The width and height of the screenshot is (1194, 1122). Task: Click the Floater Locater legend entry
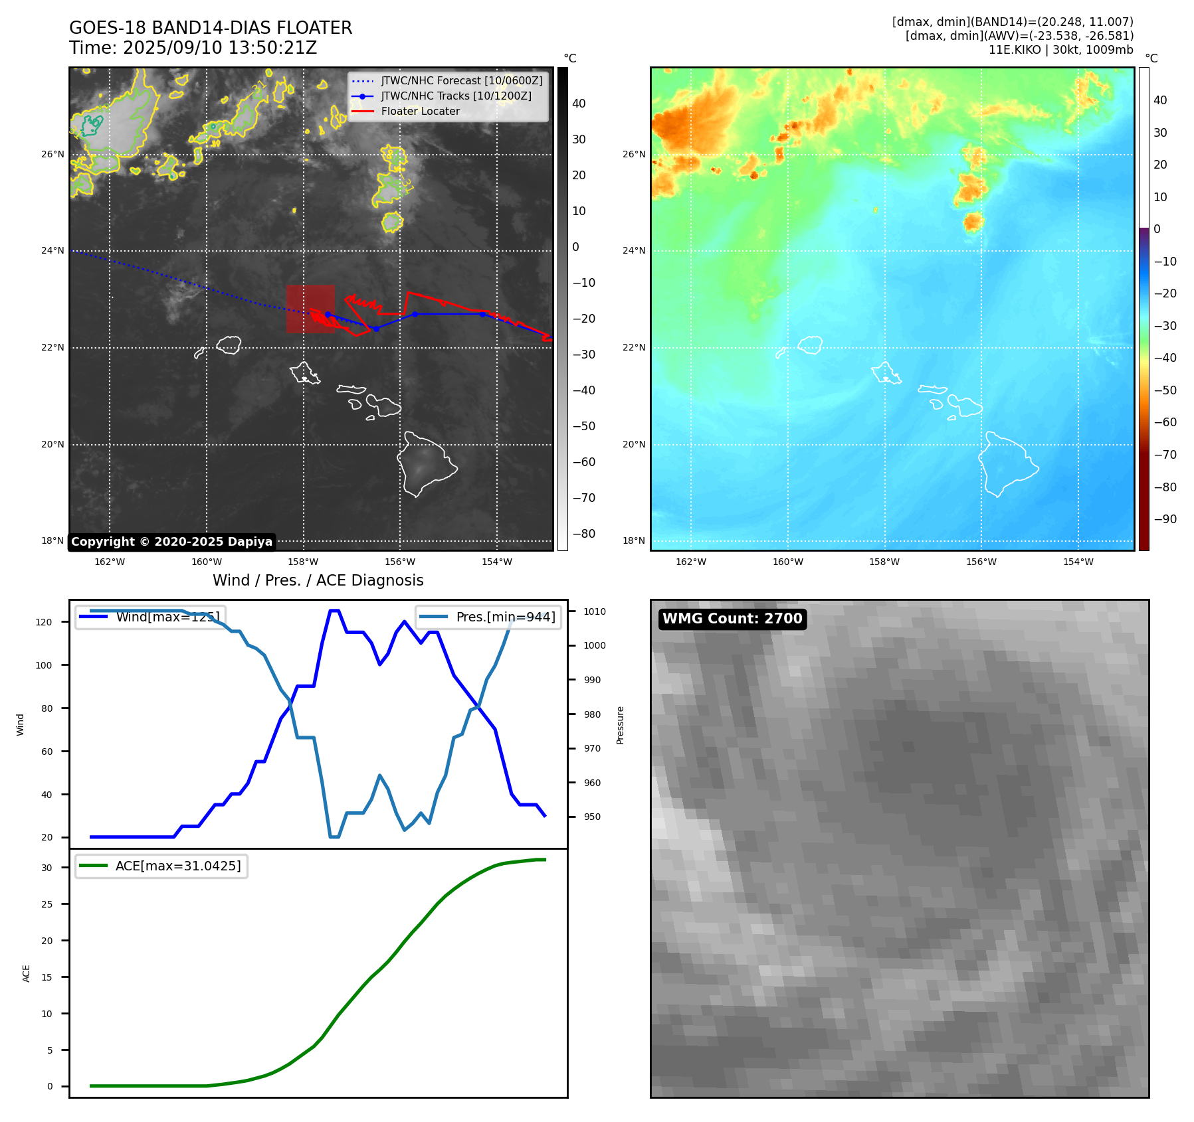pos(420,112)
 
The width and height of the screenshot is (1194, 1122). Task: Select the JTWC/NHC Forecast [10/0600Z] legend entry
pos(461,81)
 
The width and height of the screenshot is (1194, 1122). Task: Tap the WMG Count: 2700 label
pos(732,619)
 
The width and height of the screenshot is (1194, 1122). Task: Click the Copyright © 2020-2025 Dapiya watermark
pos(171,542)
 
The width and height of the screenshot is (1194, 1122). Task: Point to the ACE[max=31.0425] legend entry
pos(177,866)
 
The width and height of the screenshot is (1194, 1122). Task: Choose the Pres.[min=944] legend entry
pos(505,617)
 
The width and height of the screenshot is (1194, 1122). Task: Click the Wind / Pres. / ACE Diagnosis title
pos(318,580)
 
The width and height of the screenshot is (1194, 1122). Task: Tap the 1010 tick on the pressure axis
pos(595,611)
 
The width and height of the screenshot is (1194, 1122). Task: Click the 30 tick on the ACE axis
pos(47,868)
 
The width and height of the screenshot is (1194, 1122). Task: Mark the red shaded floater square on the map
pos(310,309)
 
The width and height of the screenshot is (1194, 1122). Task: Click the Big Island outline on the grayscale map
pos(425,465)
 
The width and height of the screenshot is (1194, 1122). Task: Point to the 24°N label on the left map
pos(52,251)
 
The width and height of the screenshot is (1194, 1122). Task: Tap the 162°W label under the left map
pos(110,562)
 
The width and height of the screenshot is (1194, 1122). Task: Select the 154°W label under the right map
pos(1078,562)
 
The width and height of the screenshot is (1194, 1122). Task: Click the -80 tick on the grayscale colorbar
pos(584,534)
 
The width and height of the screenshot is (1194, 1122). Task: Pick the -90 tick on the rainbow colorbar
pos(1165,519)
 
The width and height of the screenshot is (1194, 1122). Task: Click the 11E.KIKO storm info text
pos(1060,50)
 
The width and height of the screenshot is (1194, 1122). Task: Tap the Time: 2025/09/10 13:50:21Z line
pos(193,48)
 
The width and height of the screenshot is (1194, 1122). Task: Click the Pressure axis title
pos(620,725)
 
